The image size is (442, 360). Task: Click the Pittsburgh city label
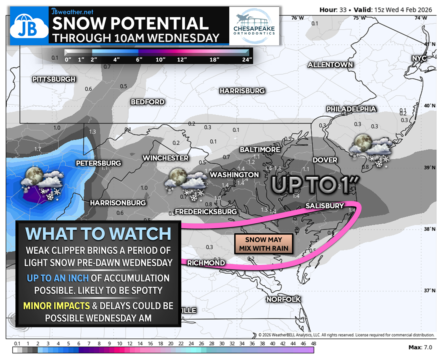point(54,79)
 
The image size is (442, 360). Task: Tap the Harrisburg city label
point(242,91)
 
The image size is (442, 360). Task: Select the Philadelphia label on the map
point(351,109)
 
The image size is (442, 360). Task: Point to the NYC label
point(419,58)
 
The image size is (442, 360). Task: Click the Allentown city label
point(330,65)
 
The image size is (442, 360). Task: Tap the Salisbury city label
point(325,206)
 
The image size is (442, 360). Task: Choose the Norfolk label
point(284,299)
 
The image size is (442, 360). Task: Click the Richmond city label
point(206,263)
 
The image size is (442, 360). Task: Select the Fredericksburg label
point(205,212)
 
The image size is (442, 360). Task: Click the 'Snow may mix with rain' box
point(264,244)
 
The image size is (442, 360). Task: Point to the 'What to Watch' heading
point(98,234)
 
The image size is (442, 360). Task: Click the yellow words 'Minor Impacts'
point(56,306)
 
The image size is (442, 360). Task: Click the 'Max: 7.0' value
point(420,347)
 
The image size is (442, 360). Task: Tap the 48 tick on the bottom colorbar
point(314,343)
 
